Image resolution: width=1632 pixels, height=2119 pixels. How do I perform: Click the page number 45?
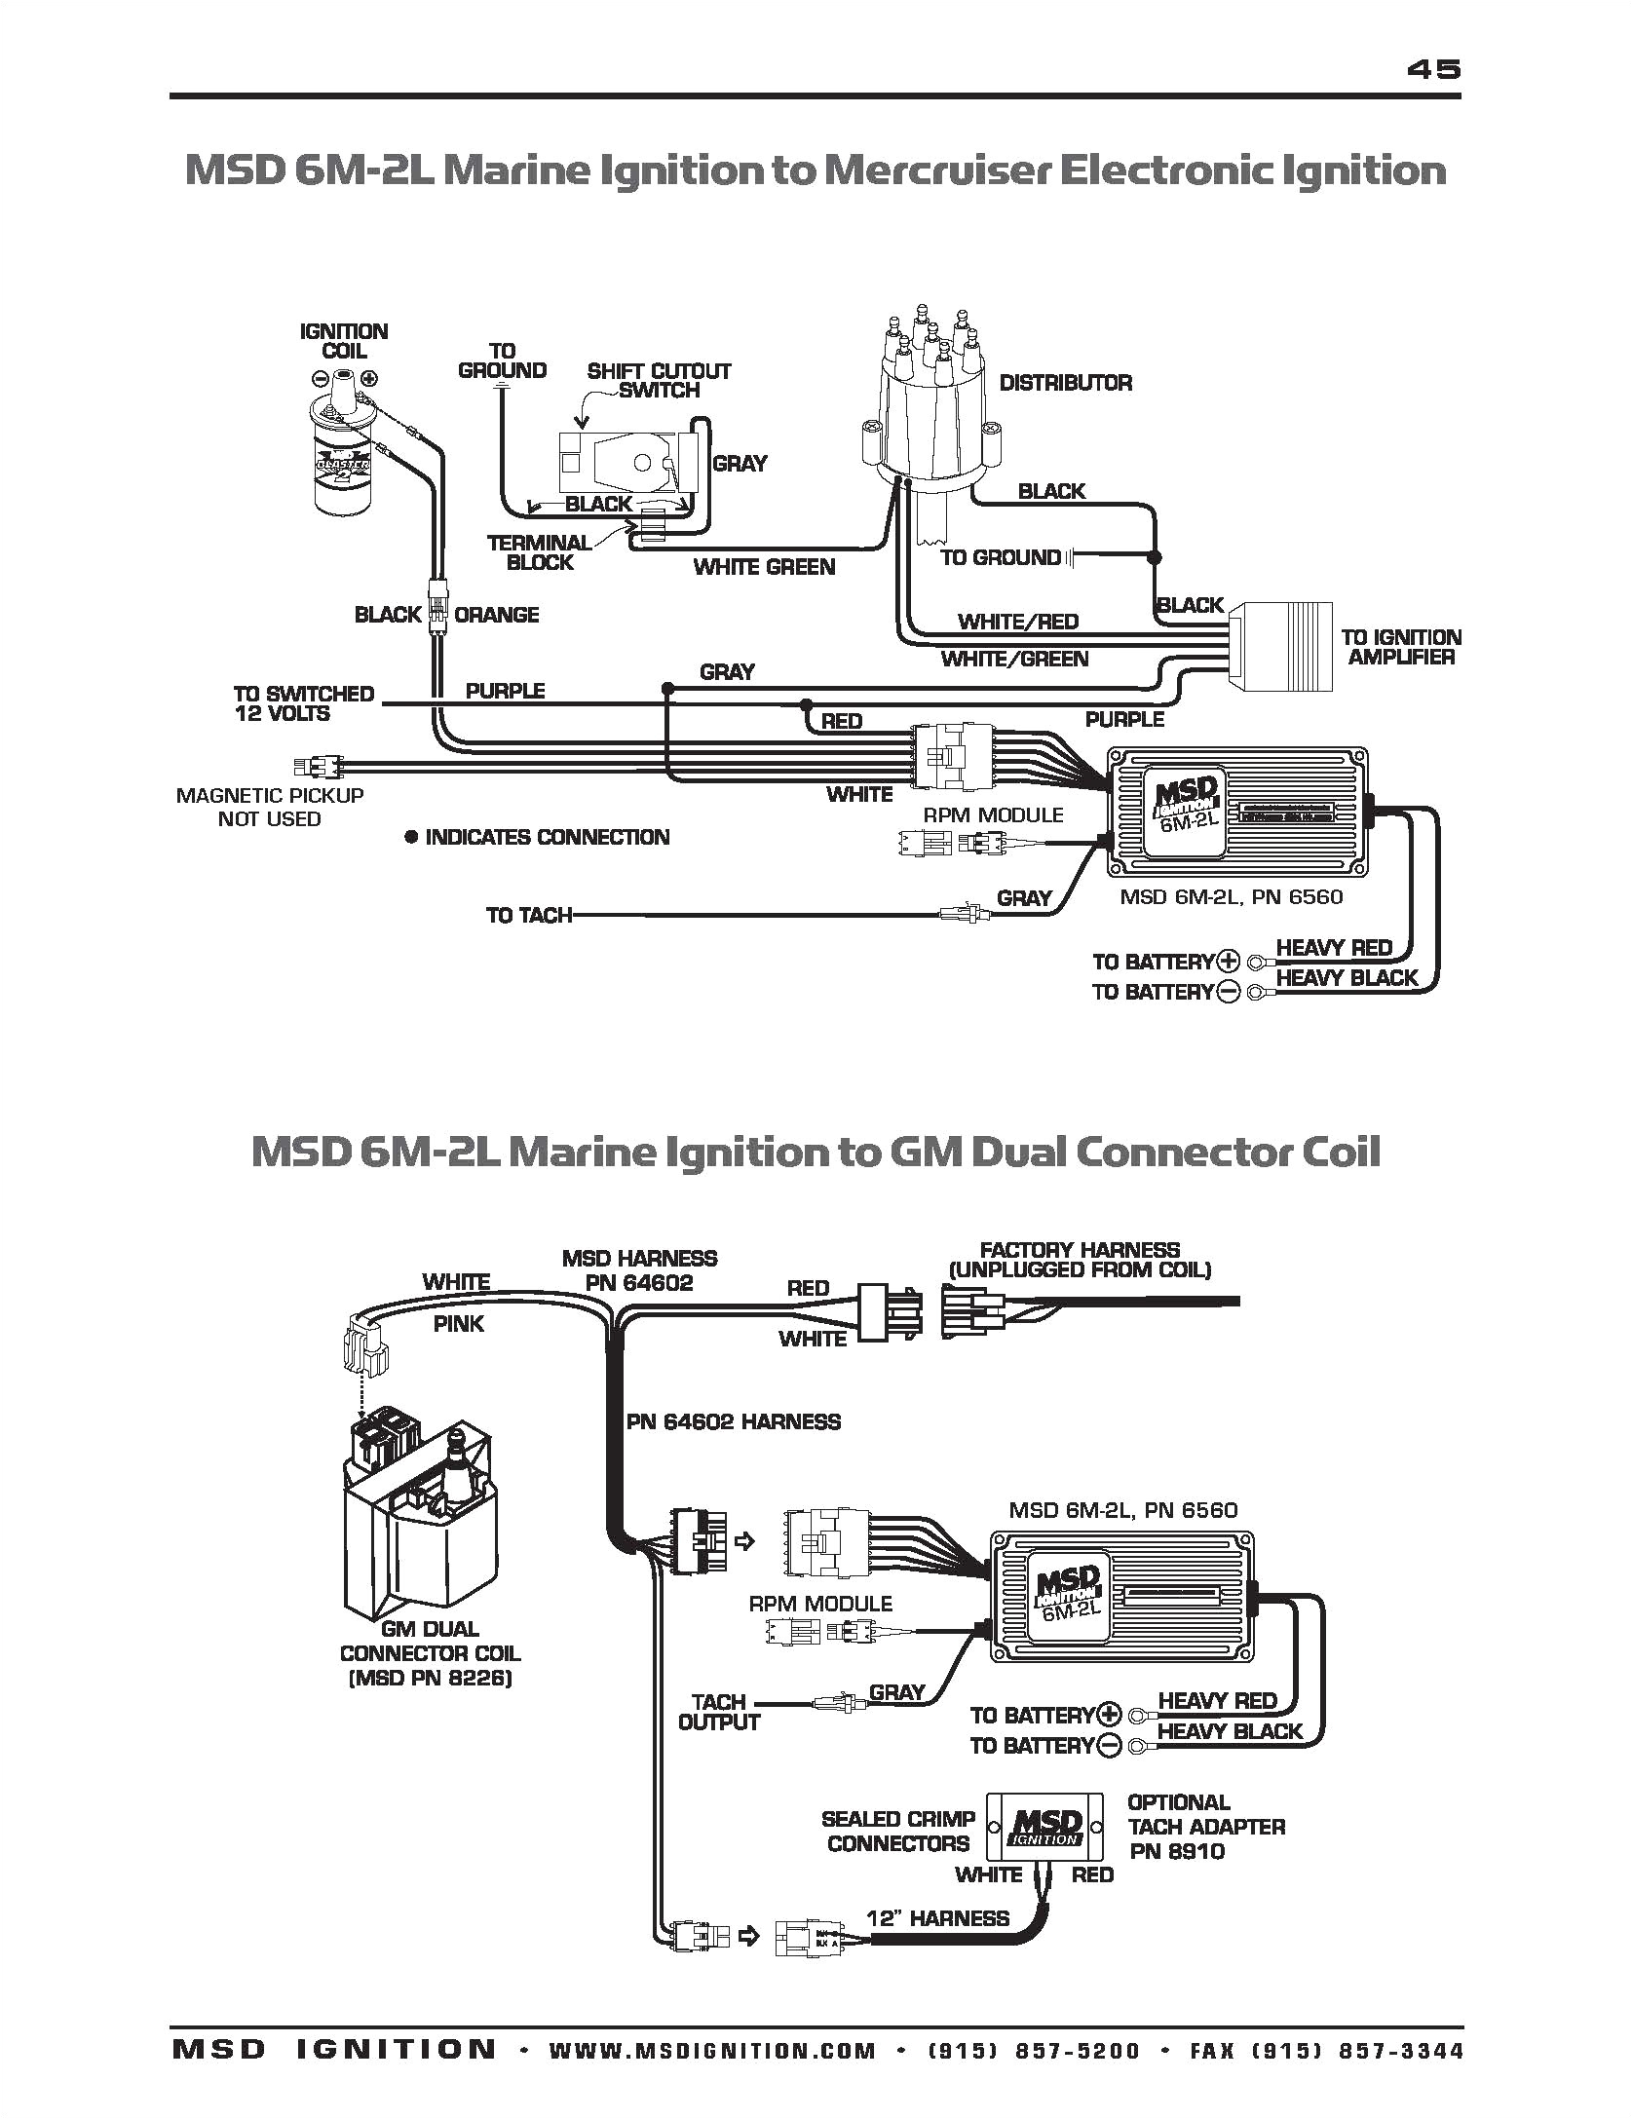tap(1433, 69)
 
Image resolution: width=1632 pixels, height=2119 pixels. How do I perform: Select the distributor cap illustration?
tap(932, 409)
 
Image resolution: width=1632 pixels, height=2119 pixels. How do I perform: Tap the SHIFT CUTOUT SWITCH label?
tap(659, 380)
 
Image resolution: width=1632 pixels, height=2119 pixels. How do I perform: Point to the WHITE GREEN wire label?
tap(764, 567)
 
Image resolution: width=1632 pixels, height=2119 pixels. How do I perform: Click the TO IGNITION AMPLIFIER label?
tap(1400, 647)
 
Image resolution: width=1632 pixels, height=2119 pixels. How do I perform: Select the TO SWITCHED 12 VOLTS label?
tap(303, 703)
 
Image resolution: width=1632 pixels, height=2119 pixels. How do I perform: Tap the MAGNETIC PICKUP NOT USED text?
tap(270, 807)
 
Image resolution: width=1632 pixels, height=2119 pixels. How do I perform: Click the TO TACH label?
tap(528, 915)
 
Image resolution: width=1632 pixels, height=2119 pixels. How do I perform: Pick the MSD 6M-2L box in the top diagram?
tap(1238, 802)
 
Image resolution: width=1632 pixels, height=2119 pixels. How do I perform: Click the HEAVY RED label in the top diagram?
tap(1333, 948)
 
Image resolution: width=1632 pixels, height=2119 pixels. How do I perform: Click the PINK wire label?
tap(458, 1324)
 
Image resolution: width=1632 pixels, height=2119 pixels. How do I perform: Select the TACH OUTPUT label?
tap(718, 1712)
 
